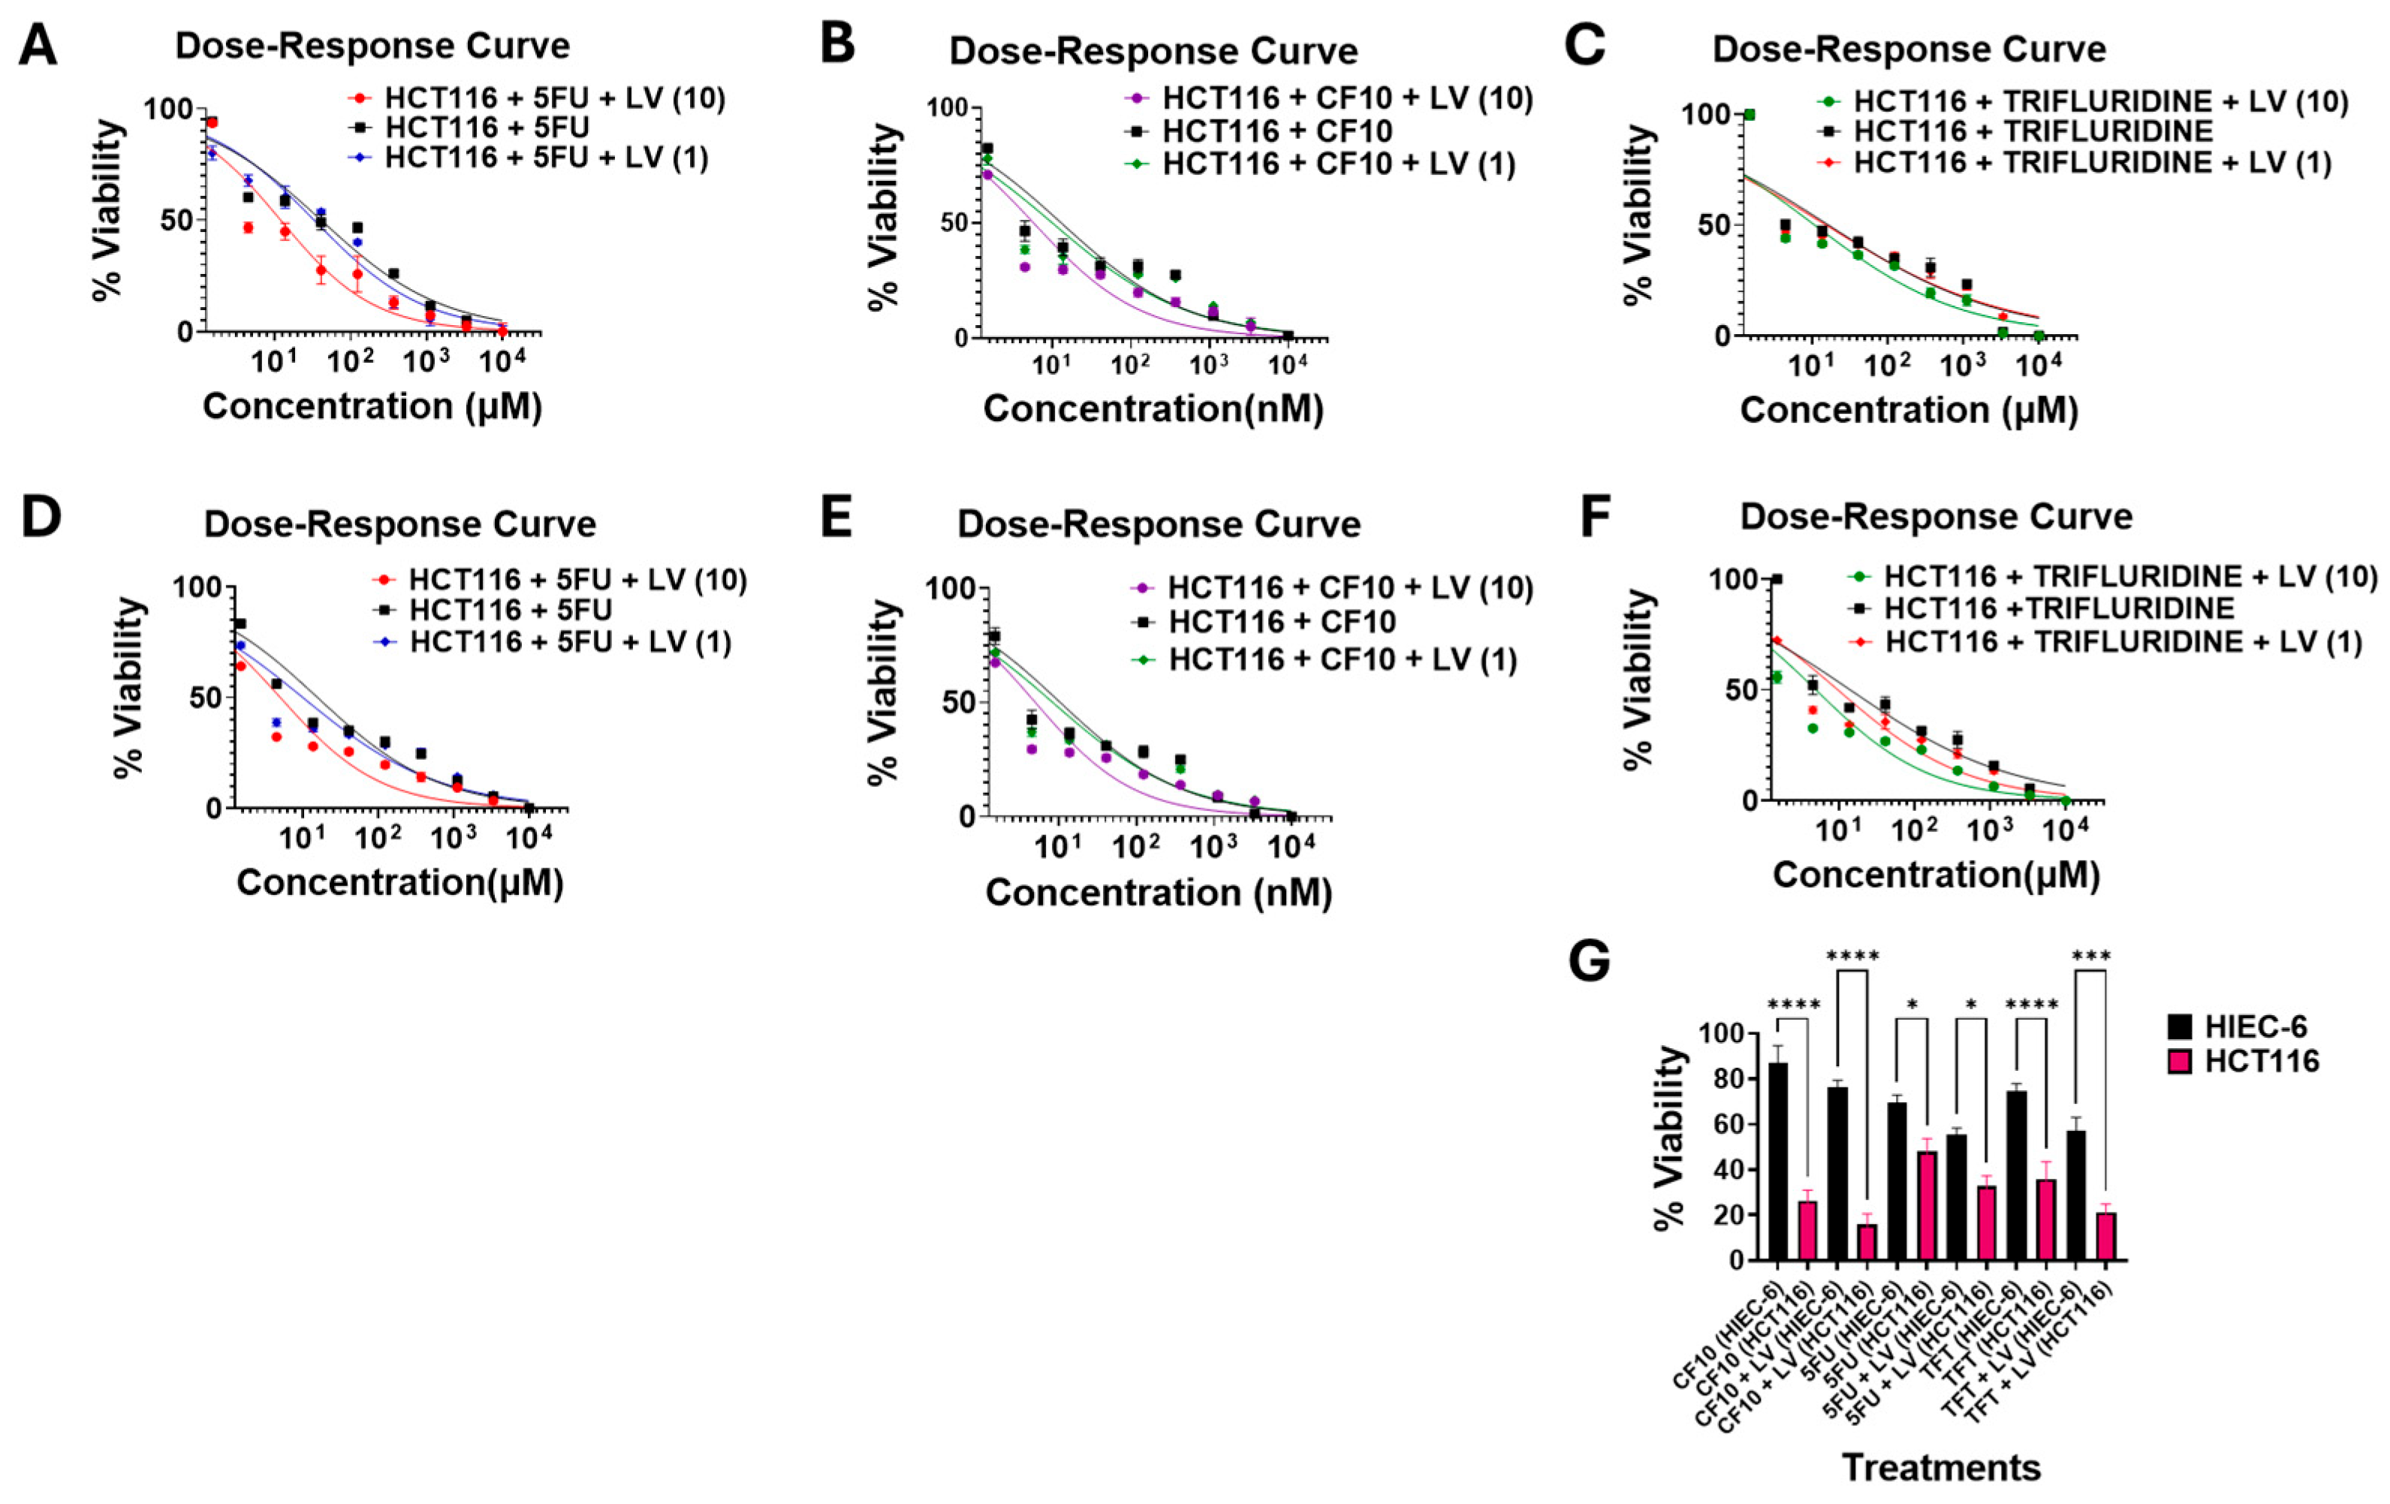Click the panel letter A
38,46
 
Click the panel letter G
1589,961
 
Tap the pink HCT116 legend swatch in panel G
2180,1061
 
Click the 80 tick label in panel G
1721,1080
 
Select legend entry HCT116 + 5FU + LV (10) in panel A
554,98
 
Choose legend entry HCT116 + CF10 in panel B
1276,131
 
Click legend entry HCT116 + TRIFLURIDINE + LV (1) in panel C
2091,162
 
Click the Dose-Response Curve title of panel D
400,524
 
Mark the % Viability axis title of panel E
882,693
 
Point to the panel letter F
1595,517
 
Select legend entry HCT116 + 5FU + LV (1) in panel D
570,642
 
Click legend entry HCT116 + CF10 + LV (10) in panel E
1350,588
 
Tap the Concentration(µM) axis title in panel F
1936,873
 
